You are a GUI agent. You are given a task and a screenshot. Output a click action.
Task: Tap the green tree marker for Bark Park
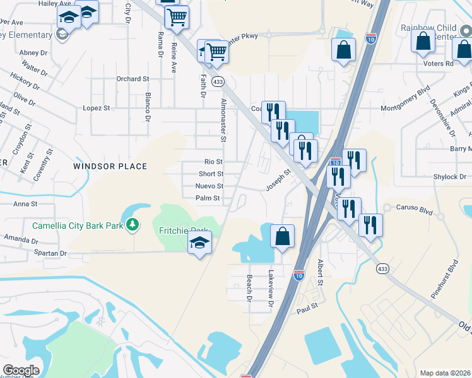pyautogui.click(x=133, y=224)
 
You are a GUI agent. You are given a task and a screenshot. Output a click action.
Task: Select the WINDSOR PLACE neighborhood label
pyautogui.click(x=110, y=166)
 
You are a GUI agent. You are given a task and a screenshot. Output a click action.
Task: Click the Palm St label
pyautogui.click(x=208, y=198)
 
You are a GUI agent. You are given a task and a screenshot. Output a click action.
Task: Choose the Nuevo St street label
pyautogui.click(x=209, y=186)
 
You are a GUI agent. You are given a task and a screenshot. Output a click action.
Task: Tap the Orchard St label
pyautogui.click(x=132, y=79)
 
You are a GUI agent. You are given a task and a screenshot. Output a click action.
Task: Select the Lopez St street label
pyautogui.click(x=97, y=108)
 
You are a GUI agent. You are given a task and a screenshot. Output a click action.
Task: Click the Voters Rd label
pyautogui.click(x=440, y=64)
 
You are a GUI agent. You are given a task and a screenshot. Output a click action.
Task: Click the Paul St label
pyautogui.click(x=306, y=311)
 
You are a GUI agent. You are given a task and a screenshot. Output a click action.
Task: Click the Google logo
pyautogui.click(x=21, y=370)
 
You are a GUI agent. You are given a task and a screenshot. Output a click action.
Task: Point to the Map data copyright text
pyautogui.click(x=445, y=373)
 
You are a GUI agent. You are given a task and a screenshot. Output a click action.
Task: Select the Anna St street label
pyautogui.click(x=26, y=204)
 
